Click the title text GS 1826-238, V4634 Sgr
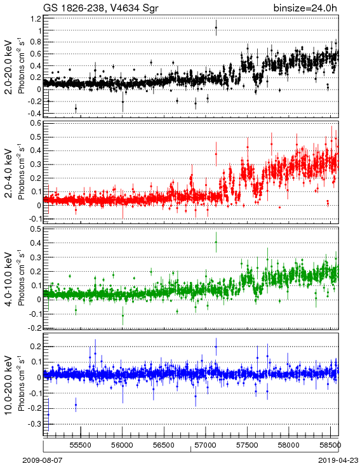(101, 8)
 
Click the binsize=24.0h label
(305, 8)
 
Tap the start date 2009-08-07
(43, 460)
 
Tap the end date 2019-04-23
(338, 460)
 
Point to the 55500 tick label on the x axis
(81, 445)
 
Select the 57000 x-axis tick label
(206, 445)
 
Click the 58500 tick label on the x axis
(330, 445)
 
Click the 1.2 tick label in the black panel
(36, 18)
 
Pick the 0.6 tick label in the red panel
(36, 123)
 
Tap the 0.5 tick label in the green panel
(36, 229)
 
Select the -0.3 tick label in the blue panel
(34, 424)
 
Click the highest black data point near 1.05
(216, 28)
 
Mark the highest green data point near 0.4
(216, 243)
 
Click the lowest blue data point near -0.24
(48, 415)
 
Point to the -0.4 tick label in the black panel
(34, 114)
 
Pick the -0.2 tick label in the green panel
(34, 328)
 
